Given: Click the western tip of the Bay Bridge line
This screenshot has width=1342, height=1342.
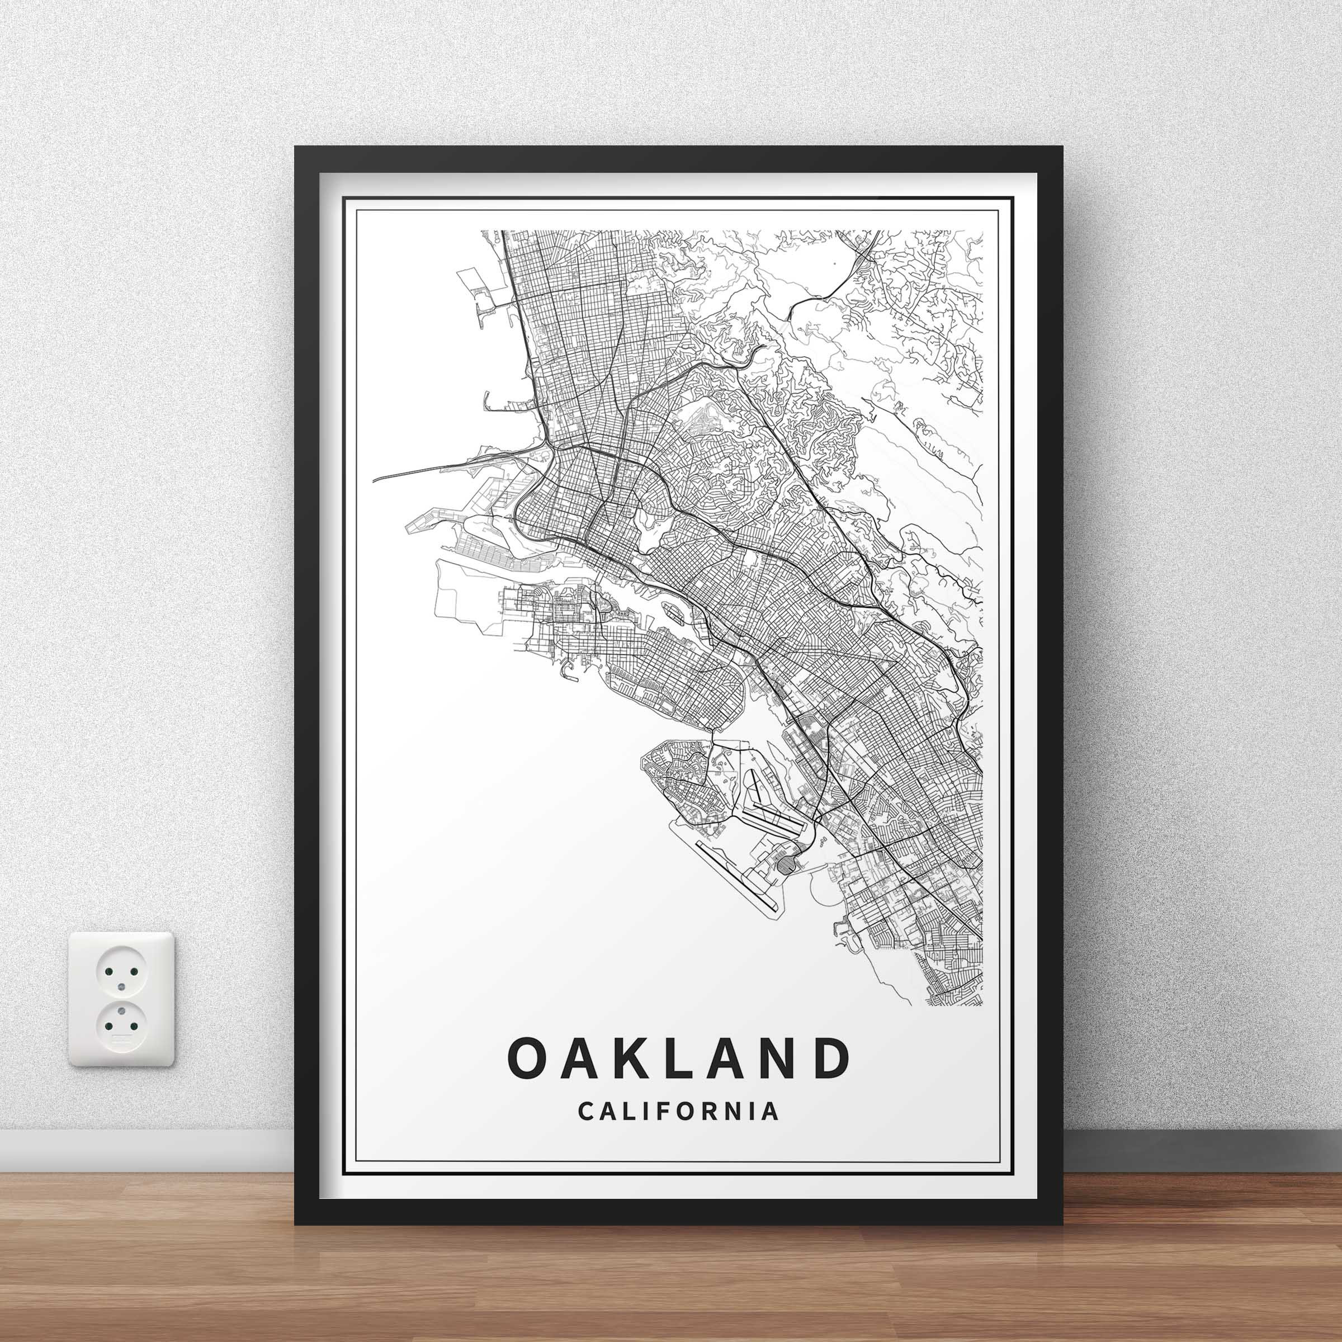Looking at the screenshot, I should coord(375,480).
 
